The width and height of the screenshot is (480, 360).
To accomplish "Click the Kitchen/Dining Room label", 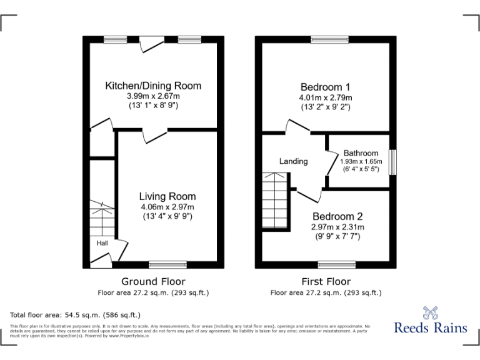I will click(x=153, y=86).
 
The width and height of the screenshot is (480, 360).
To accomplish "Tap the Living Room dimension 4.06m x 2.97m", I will click(x=167, y=207).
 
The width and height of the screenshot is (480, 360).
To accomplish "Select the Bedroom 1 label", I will click(x=325, y=87).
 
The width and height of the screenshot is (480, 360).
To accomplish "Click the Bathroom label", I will click(x=361, y=153).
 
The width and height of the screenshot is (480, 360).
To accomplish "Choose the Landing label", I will click(x=293, y=161).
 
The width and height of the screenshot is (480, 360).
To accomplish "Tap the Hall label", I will click(x=102, y=242).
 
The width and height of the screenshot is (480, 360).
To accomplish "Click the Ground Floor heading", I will click(x=153, y=281).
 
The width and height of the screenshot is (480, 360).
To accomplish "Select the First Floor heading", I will click(x=326, y=281).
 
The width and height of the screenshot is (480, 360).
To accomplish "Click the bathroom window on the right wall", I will click(x=392, y=162).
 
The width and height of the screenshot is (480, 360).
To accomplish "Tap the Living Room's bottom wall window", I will click(x=167, y=264).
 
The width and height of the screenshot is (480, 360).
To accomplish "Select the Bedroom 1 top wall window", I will click(x=330, y=39).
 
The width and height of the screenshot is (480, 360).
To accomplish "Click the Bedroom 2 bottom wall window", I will click(x=337, y=264).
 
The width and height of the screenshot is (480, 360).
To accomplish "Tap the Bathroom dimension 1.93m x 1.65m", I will click(x=361, y=161).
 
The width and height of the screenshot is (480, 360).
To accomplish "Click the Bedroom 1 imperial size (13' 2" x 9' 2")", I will click(x=325, y=107).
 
